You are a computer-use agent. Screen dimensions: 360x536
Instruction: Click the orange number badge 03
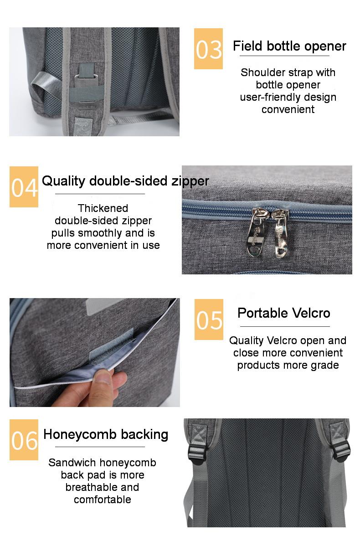208,49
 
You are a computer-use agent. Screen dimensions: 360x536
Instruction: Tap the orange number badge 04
24,187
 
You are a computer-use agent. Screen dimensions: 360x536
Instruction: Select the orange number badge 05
209,319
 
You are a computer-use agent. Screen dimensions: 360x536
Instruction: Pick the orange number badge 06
24,439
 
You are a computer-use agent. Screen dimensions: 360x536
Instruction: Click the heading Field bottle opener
289,46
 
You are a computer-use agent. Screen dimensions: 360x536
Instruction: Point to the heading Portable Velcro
284,313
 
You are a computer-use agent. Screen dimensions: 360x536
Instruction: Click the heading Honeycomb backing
106,435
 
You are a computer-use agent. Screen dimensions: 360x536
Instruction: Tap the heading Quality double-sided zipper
125,181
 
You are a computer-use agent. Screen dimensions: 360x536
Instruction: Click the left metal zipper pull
256,232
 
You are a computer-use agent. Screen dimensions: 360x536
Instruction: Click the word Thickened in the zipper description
103,208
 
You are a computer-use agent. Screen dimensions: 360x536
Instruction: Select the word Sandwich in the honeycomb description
72,463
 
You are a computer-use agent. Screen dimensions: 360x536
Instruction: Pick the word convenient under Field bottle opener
288,109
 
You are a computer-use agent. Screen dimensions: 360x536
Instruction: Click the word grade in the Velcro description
325,366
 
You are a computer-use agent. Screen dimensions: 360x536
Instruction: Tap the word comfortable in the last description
102,500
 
